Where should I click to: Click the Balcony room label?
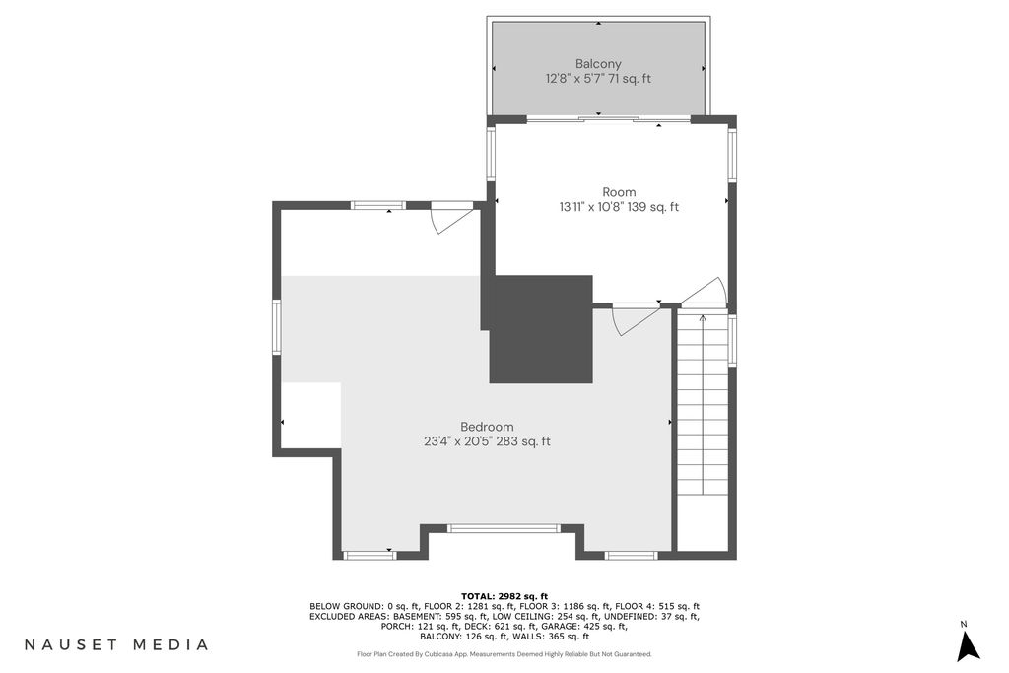click(598, 64)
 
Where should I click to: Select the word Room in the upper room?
click(619, 192)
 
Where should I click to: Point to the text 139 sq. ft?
click(653, 207)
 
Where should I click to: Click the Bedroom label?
click(487, 427)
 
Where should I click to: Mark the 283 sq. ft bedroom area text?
click(525, 442)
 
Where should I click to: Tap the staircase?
click(703, 405)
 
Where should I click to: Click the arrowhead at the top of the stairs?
click(703, 317)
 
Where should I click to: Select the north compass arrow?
click(968, 646)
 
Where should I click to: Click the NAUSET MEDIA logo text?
click(116, 644)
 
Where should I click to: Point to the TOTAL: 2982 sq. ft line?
click(504, 596)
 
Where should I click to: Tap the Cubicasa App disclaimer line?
click(504, 654)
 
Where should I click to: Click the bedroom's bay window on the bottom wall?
click(504, 529)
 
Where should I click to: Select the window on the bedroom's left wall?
click(277, 327)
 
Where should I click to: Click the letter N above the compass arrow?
click(964, 624)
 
